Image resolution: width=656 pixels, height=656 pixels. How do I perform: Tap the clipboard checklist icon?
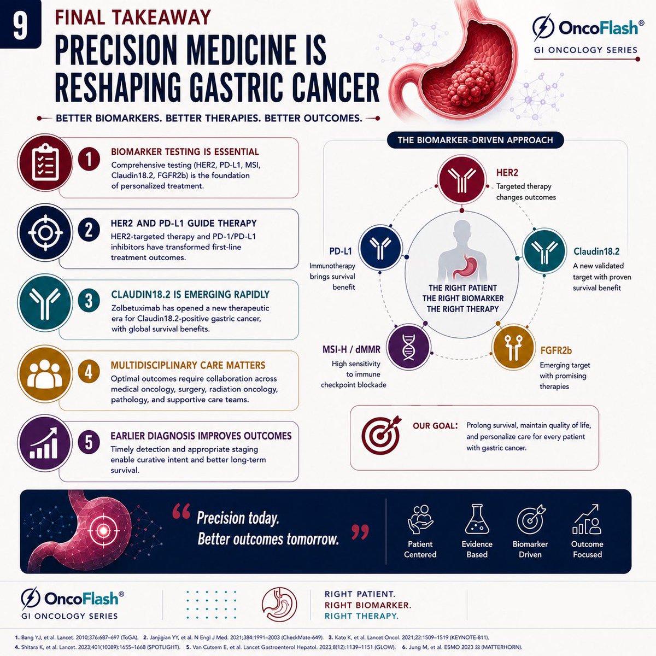(x=45, y=162)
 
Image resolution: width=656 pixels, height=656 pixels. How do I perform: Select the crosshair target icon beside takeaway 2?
(x=45, y=232)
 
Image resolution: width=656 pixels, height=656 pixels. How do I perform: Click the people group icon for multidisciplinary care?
(x=45, y=374)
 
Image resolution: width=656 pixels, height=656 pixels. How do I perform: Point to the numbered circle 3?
(x=89, y=301)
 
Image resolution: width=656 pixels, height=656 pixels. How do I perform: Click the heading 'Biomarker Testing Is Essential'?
(x=185, y=152)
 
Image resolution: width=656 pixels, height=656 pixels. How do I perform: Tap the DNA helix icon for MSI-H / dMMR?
(x=409, y=347)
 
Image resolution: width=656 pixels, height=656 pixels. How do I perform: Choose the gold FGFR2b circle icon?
(x=514, y=347)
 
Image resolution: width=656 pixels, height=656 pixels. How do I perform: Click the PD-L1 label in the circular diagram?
(x=341, y=251)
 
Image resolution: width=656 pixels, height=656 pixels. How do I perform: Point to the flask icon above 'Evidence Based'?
(x=477, y=519)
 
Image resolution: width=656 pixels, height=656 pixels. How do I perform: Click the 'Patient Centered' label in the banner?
(x=420, y=549)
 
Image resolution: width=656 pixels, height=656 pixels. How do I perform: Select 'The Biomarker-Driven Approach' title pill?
(x=475, y=140)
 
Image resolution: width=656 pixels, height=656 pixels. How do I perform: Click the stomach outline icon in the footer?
(x=279, y=605)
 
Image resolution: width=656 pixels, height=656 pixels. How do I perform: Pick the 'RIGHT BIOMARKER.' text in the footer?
(x=368, y=605)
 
